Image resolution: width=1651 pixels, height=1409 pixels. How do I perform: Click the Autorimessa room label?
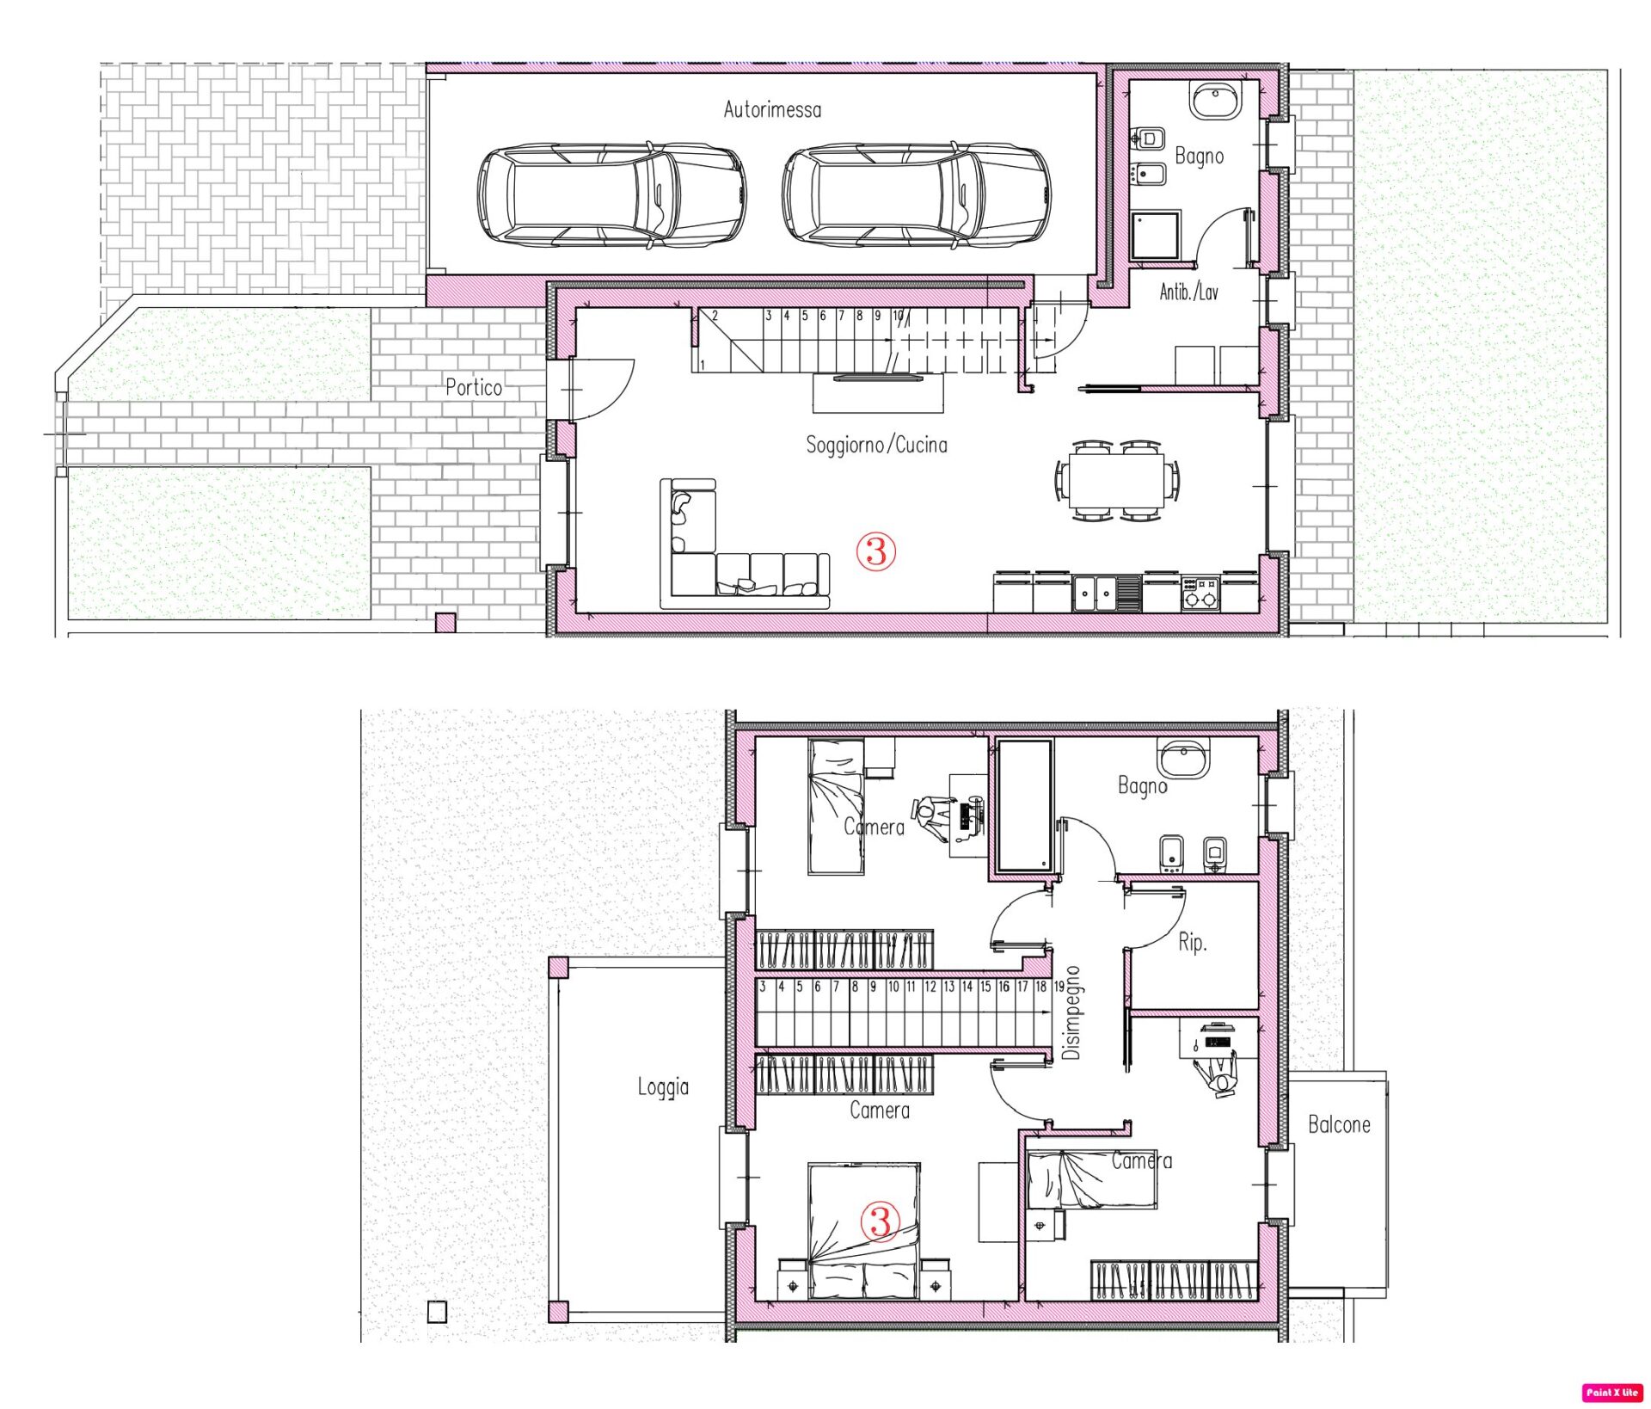pos(772,109)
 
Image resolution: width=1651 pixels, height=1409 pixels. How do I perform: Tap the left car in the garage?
pos(611,195)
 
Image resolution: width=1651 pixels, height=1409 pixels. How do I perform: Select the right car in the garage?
pos(916,195)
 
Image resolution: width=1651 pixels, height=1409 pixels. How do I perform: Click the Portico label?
pos(474,387)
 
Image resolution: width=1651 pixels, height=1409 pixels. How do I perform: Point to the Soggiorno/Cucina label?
pos(876,445)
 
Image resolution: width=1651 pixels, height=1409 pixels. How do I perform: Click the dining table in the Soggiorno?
pos(1117,480)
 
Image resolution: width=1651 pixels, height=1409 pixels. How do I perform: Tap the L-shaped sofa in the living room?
pos(744,545)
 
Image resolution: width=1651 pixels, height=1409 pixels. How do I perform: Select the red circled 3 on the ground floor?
pos(876,551)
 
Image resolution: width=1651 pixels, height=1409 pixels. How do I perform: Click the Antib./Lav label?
pos(1188,292)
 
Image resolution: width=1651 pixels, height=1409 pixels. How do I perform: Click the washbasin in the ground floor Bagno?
pos(1216,100)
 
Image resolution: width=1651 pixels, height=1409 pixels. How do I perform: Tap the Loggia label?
pos(663,1087)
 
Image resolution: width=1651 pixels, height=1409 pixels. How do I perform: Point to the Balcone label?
pos(1339,1124)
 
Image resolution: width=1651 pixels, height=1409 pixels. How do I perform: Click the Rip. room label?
pos(1192,943)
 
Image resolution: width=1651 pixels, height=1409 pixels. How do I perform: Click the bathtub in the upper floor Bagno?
pos(1024,806)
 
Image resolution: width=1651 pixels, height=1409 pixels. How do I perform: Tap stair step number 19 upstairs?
pos(1059,987)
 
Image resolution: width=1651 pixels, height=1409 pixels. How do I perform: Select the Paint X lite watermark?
pos(1612,1393)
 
